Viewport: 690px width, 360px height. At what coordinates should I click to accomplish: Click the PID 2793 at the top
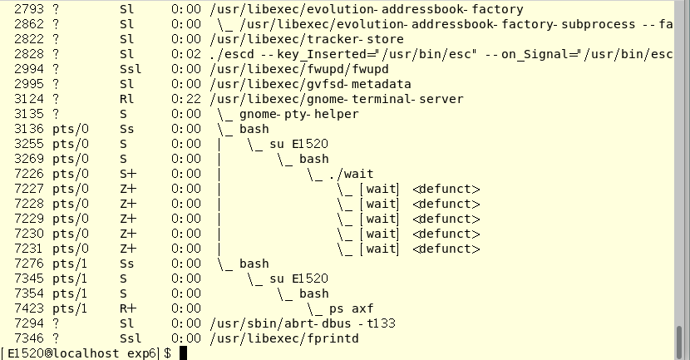point(29,9)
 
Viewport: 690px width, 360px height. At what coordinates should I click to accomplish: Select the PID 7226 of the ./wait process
point(29,174)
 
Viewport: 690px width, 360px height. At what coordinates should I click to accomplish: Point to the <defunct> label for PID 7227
point(446,189)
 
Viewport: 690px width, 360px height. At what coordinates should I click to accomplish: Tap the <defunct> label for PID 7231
point(446,249)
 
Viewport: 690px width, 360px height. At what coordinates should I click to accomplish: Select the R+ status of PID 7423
point(127,308)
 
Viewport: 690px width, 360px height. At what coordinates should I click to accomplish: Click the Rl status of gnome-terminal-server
point(126,99)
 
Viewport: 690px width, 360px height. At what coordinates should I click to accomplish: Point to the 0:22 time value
point(186,99)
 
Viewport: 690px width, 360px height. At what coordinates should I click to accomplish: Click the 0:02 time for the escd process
point(186,54)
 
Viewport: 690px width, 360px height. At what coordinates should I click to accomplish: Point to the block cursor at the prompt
point(183,353)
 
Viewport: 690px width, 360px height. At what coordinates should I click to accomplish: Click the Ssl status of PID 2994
point(129,69)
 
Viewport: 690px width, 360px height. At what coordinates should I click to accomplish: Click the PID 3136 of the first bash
point(29,129)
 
